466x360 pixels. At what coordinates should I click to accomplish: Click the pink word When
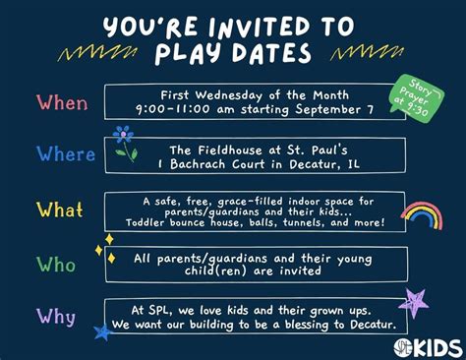[62, 102]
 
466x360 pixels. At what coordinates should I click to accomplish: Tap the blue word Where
[66, 154]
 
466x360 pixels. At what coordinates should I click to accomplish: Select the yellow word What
[61, 210]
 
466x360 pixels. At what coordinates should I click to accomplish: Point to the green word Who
[56, 264]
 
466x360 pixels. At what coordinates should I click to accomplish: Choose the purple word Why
[56, 316]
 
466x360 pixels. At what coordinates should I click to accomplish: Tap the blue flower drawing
[123, 142]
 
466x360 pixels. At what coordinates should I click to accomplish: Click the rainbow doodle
[421, 214]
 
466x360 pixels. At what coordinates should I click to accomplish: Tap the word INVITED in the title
[248, 23]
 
